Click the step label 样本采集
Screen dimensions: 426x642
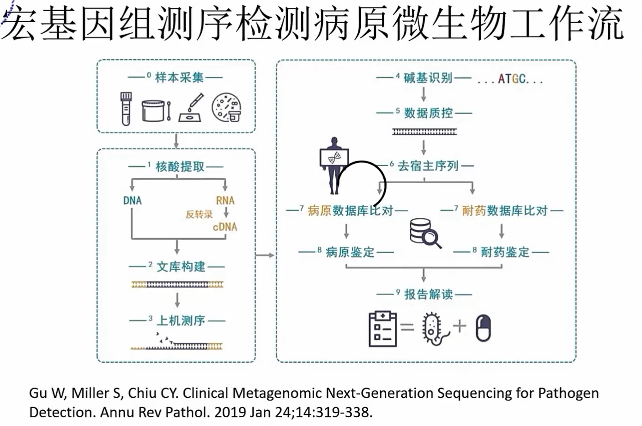(179, 77)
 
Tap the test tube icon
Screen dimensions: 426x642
(126, 108)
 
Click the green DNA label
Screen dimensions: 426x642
(132, 201)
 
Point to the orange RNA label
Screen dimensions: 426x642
(225, 201)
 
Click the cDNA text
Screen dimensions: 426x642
(225, 227)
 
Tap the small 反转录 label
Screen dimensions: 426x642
(199, 214)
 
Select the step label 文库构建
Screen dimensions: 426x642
(181, 266)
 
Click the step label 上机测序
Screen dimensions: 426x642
(181, 320)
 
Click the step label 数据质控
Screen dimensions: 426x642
(428, 113)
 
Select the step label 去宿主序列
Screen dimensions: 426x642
(428, 166)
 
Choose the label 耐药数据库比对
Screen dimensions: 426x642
(505, 210)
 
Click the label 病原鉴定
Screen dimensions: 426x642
(350, 252)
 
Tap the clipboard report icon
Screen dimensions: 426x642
(382, 328)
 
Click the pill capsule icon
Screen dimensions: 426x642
(483, 328)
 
